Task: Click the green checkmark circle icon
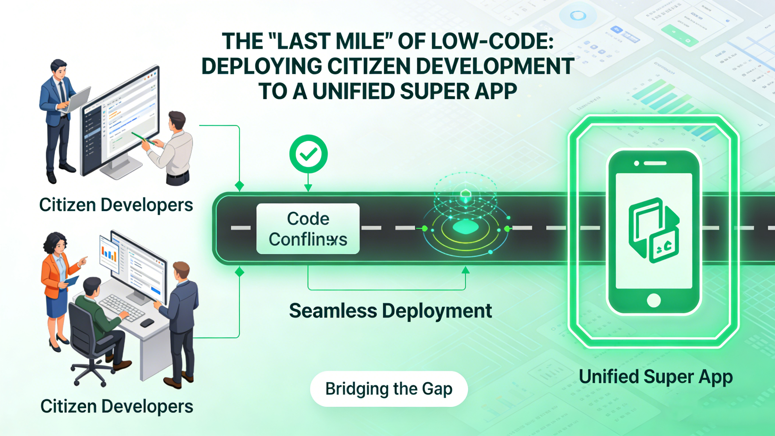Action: click(308, 154)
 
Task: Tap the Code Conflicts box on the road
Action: click(308, 229)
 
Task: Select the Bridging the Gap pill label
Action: click(389, 389)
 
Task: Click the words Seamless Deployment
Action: click(390, 311)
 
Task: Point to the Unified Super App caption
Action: click(655, 377)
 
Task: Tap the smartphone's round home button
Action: click(653, 300)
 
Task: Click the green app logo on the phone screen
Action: click(653, 230)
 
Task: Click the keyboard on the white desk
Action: click(122, 307)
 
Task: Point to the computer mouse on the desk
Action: click(147, 323)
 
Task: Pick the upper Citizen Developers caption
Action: click(116, 205)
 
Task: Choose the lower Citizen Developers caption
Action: click(117, 406)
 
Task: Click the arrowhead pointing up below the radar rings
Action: click(465, 270)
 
